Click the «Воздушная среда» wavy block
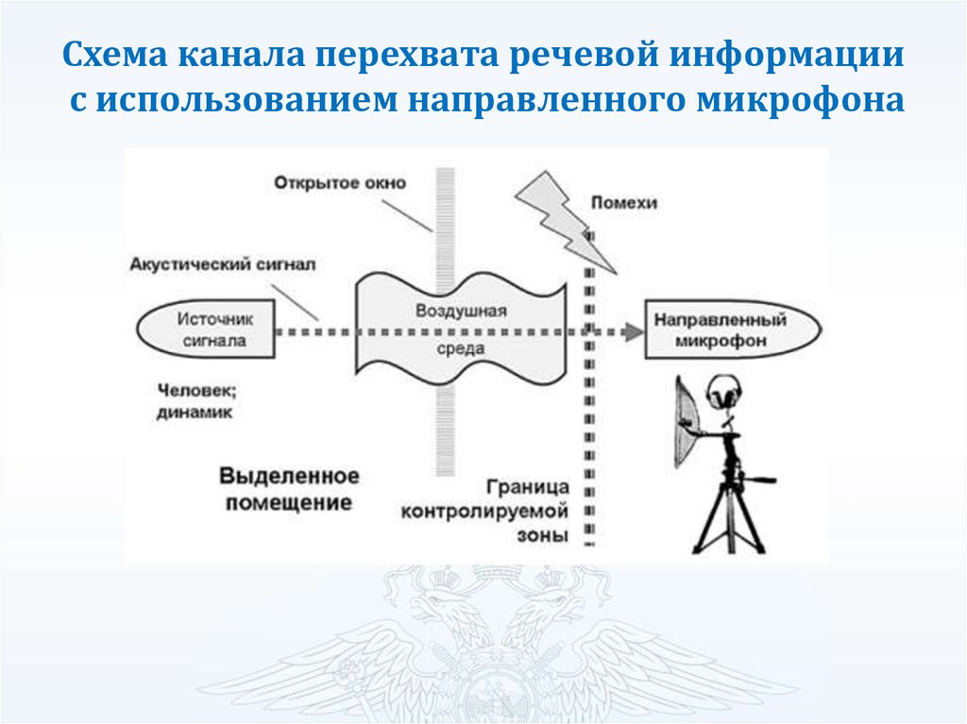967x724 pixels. [x=462, y=330]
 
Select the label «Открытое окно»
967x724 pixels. [x=343, y=182]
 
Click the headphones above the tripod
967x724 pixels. [x=723, y=390]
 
